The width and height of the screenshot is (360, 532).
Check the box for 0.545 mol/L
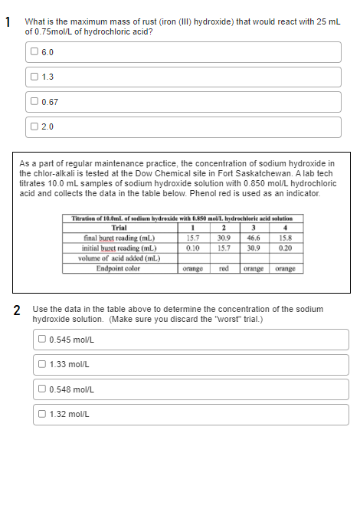click(43, 340)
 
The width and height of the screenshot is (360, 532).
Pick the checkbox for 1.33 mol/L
click(43, 364)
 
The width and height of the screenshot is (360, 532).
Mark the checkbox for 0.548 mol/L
click(43, 389)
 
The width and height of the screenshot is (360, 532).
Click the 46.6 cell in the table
click(250, 240)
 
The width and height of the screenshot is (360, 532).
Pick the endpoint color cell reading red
click(224, 268)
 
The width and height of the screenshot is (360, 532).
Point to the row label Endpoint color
click(118, 268)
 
